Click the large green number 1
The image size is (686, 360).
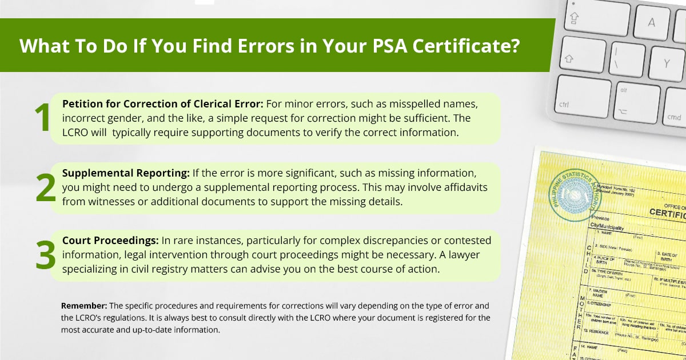click(42, 118)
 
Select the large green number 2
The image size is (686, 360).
click(45, 188)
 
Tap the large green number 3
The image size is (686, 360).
click(45, 255)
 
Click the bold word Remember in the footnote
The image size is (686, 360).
click(83, 305)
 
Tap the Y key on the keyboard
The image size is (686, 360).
click(666, 63)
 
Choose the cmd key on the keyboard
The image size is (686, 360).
click(673, 117)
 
